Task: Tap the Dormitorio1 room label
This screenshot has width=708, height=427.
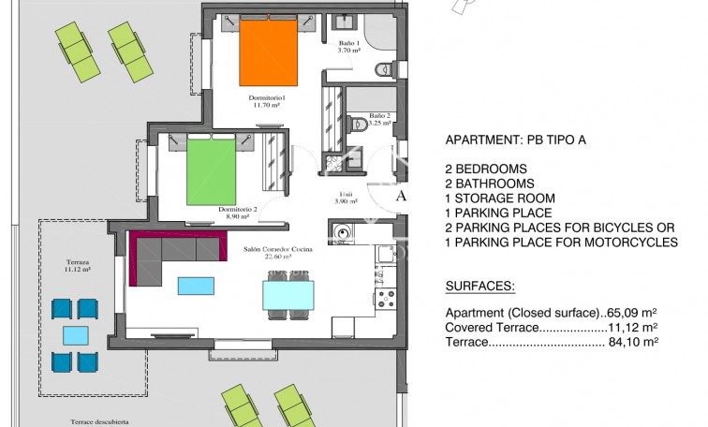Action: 268,101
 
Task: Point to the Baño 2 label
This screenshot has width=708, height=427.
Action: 379,119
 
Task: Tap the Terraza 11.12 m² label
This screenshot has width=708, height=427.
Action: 79,266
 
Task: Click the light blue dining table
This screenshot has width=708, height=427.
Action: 288,295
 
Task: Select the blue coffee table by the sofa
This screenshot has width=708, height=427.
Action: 196,284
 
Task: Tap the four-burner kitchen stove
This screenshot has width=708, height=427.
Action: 386,300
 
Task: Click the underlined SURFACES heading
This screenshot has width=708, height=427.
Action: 479,285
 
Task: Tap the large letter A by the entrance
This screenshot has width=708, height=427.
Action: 402,197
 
